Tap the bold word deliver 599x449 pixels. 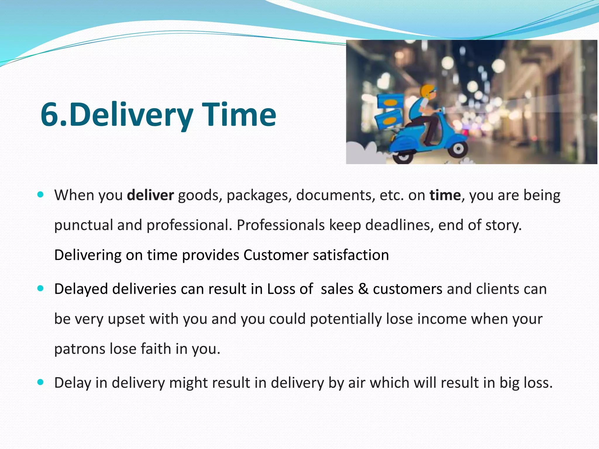151,195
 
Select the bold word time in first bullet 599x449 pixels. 445,195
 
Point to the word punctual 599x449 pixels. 83,225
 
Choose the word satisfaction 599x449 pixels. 351,255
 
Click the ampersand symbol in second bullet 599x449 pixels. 363,289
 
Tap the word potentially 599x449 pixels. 346,319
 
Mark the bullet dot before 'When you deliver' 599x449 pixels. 41,194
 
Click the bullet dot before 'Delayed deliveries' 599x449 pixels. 41,289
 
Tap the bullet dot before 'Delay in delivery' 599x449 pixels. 41,382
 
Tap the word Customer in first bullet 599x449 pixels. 276,255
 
